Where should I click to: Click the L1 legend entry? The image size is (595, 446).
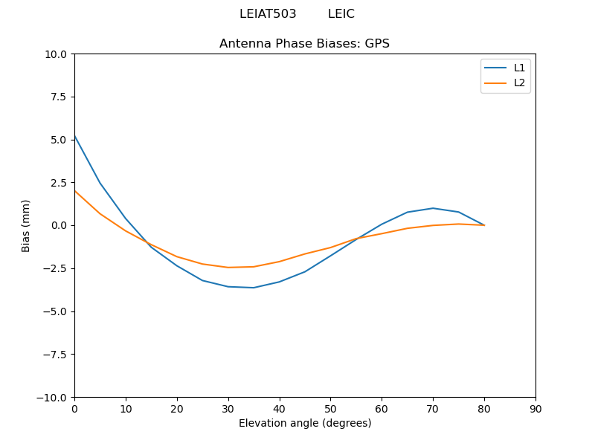[519, 68]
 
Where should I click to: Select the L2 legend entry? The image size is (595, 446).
[519, 83]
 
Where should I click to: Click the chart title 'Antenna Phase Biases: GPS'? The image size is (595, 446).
[304, 44]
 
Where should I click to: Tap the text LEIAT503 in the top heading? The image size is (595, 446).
[268, 14]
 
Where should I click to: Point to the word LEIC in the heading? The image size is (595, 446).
[341, 14]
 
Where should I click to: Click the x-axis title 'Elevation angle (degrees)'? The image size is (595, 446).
[305, 424]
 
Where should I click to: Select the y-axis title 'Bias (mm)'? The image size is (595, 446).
[26, 225]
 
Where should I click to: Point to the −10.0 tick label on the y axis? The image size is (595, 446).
[52, 398]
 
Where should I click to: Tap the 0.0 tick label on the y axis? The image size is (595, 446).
[59, 226]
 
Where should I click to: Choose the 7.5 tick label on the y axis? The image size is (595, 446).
[59, 97]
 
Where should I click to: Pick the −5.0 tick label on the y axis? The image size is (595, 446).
[55, 311]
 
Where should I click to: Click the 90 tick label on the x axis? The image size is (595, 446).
[535, 409]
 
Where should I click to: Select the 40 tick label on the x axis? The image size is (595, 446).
[280, 409]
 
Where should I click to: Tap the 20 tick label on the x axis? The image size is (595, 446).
[177, 409]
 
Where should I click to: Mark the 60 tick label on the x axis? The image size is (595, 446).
[382, 409]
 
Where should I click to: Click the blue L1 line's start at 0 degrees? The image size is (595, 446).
[75, 136]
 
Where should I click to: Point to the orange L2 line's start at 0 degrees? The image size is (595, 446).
[75, 191]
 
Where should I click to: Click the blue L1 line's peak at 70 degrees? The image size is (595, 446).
[433, 208]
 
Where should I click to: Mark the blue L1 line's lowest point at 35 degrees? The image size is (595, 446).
[254, 288]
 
